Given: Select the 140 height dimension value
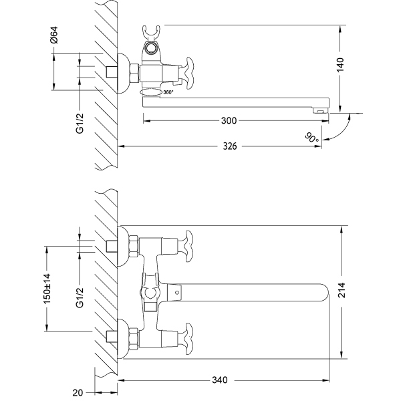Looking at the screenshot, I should coord(340,65).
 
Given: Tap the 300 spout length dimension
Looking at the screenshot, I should coord(229,121).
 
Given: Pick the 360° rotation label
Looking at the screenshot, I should coord(168,92).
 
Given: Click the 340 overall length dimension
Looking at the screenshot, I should coord(220,380).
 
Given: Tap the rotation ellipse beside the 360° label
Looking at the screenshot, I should coord(151,92).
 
